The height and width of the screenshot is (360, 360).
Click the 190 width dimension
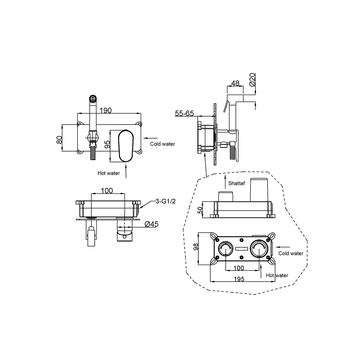tap(105, 111)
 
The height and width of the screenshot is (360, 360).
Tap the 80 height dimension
tap(59, 140)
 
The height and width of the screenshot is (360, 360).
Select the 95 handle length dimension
tap(107, 144)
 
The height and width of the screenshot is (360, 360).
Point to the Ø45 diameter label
tap(152, 224)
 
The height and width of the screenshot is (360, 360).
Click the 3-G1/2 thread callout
tap(166, 201)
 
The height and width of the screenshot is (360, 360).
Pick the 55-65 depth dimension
tap(184, 113)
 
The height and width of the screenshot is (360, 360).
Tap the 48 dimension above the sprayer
tap(235, 83)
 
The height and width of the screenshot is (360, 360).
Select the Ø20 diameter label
tap(252, 80)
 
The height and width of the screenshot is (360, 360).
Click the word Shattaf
tap(237, 183)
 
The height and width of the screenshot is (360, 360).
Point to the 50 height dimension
tap(200, 210)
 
